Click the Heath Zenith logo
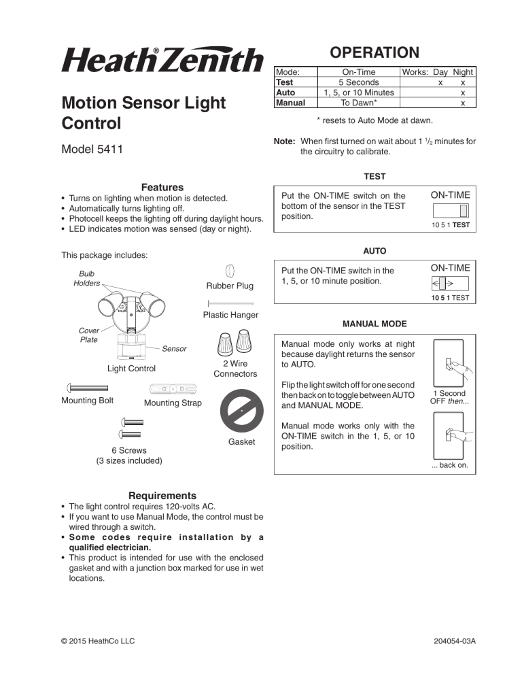[162, 61]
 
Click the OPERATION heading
[374, 52]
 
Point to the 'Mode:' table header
[288, 71]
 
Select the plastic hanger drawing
[230, 303]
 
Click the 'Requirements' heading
[162, 496]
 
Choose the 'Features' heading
[162, 187]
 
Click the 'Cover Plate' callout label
[88, 335]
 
